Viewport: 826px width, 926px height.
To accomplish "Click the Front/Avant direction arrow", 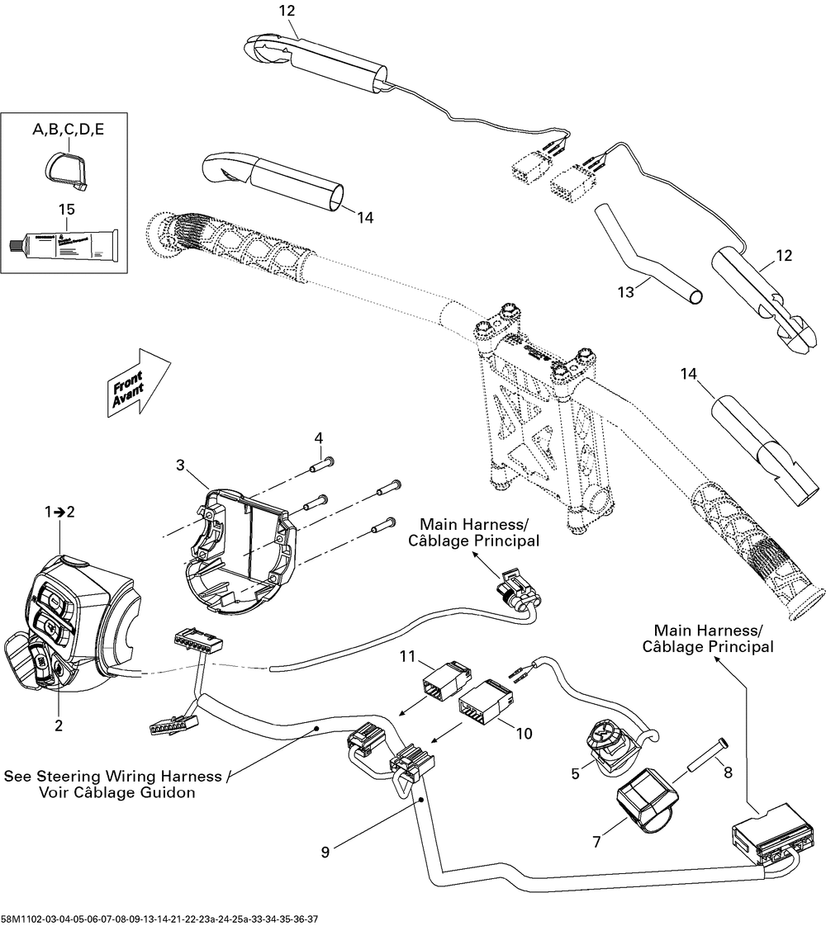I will pyautogui.click(x=137, y=380).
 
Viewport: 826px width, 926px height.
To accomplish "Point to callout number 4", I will pyautogui.click(x=319, y=437).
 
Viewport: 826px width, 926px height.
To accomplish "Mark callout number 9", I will pyautogui.click(x=325, y=851).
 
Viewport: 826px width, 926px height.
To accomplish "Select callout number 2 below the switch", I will pyautogui.click(x=59, y=725).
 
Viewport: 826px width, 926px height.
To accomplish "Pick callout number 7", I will pyautogui.click(x=596, y=843).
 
